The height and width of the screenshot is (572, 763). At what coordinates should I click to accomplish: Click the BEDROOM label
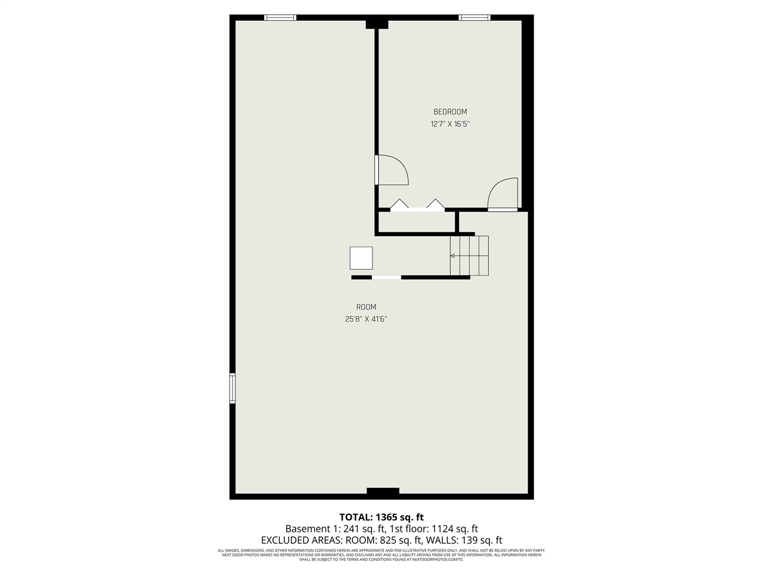click(x=449, y=112)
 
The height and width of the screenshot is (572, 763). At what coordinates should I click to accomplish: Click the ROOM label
click(x=366, y=307)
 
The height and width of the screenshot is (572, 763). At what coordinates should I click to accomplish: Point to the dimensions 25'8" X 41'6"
click(x=366, y=319)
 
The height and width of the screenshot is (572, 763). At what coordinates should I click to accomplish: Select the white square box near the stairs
click(x=361, y=258)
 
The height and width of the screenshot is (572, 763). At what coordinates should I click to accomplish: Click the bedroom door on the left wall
click(x=391, y=170)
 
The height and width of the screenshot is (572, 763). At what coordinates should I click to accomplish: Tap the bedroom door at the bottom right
click(x=503, y=195)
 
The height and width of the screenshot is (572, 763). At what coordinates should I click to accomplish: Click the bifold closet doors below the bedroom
click(x=417, y=206)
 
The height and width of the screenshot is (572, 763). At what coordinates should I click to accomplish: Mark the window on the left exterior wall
click(x=232, y=388)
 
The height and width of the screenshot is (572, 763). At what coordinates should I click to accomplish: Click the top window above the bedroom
click(x=474, y=18)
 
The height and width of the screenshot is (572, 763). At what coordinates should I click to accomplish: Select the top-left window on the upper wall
click(x=280, y=18)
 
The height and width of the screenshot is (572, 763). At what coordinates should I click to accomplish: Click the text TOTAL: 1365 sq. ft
click(x=381, y=517)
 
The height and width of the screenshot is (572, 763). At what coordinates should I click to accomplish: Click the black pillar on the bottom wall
click(x=383, y=492)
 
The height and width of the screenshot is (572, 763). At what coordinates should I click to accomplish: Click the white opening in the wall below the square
click(x=386, y=277)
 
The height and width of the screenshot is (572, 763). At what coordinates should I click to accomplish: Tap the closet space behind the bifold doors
click(x=416, y=222)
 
